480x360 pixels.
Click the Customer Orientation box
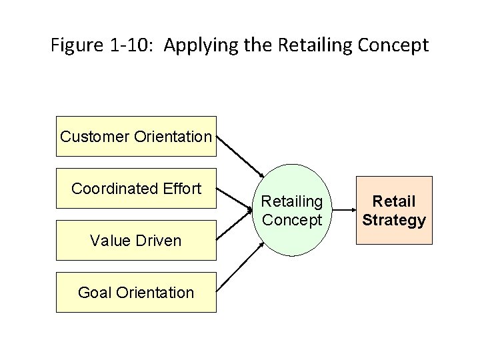[x=136, y=137]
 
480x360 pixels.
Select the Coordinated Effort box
[x=136, y=189]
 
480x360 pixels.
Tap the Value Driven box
[x=136, y=240]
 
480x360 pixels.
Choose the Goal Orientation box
[x=136, y=292]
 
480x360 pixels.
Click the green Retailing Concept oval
[x=292, y=210]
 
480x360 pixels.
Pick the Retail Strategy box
[x=393, y=210]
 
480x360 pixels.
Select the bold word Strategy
[x=393, y=220]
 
